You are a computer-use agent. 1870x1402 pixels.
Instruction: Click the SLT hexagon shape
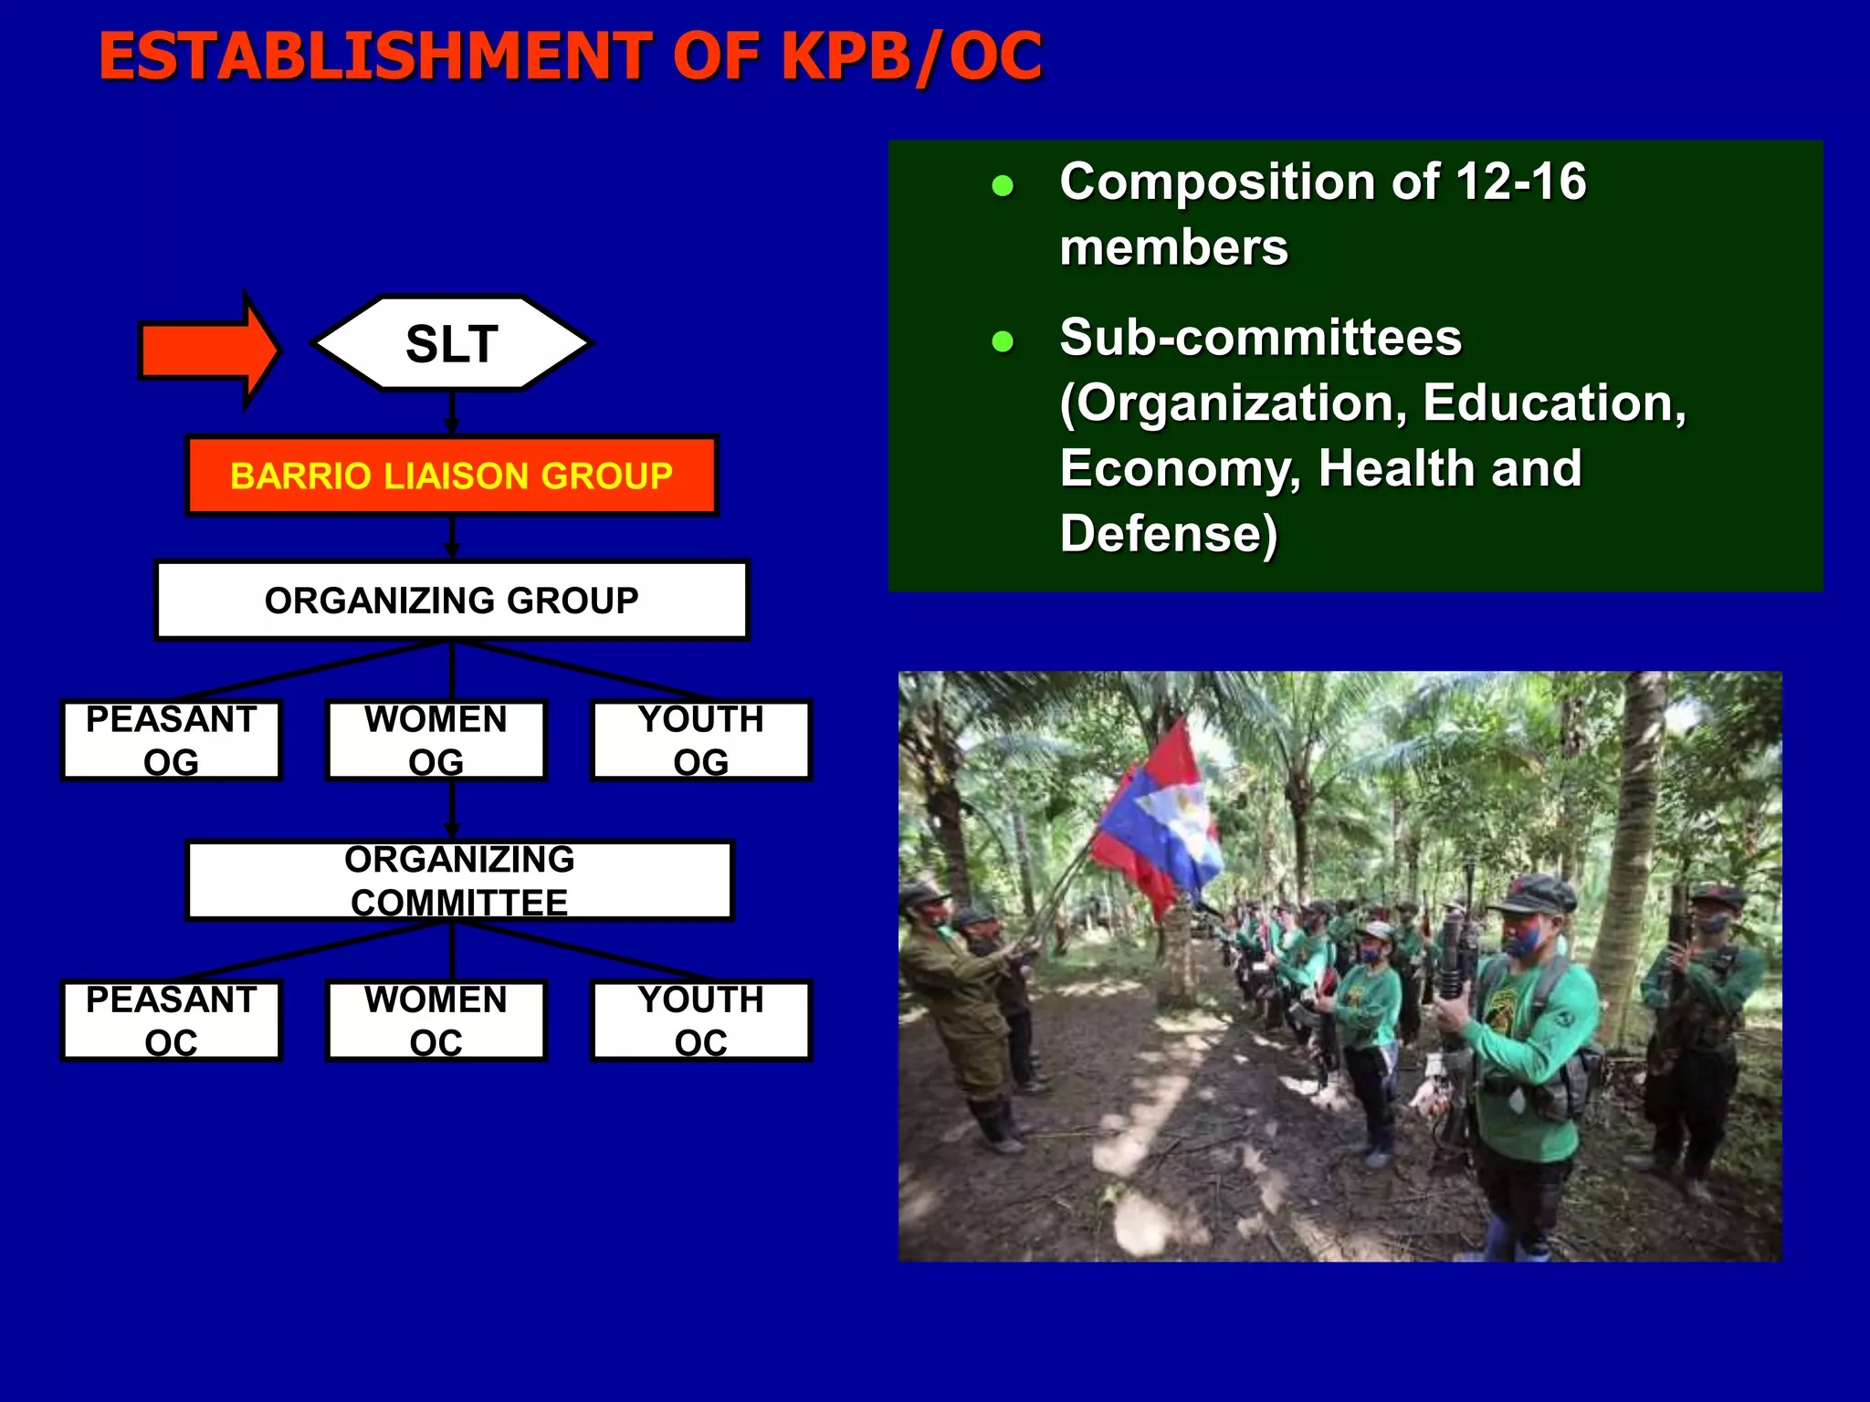(452, 344)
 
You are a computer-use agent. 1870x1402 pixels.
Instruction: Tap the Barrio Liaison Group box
(452, 476)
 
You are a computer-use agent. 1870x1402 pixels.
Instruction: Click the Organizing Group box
(452, 601)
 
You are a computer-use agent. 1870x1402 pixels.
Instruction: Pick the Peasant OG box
(171, 740)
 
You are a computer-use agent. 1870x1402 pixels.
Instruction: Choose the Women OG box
(436, 740)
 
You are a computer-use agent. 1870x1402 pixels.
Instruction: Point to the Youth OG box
(701, 740)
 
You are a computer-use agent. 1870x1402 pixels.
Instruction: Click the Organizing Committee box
(459, 881)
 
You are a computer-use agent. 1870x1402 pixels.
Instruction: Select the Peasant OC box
(171, 1020)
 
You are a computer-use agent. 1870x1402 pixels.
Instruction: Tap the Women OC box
(436, 1020)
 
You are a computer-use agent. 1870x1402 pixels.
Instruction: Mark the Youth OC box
(701, 1020)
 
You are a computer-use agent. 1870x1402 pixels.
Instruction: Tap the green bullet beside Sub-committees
(1003, 342)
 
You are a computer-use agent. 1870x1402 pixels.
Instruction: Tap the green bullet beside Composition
(1003, 186)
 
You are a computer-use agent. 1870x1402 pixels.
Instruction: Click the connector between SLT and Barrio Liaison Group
(452, 413)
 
